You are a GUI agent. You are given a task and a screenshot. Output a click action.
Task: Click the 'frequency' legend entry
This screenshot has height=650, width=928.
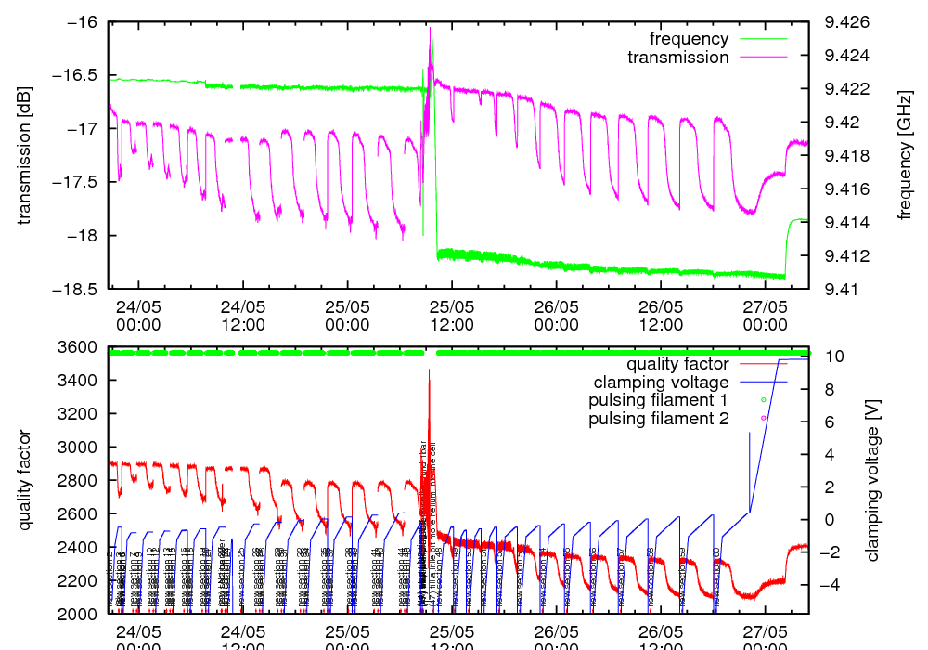click(x=689, y=39)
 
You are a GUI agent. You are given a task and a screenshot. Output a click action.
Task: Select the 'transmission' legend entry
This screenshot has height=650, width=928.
click(x=677, y=58)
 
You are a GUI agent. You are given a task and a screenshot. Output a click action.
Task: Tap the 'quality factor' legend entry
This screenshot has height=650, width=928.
click(x=677, y=364)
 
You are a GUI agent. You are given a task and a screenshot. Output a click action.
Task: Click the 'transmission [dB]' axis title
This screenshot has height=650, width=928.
click(x=25, y=155)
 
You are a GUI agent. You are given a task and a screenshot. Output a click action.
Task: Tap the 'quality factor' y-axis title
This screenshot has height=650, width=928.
click(x=25, y=480)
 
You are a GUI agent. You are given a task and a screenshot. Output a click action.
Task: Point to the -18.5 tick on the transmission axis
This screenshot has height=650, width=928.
click(x=82, y=289)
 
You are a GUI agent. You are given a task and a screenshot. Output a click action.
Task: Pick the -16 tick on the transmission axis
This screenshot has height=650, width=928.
click(x=87, y=22)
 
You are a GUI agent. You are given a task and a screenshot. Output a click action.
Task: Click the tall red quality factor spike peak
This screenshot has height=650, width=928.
click(x=429, y=370)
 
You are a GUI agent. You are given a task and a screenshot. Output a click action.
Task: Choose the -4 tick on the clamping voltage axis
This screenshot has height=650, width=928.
click(x=831, y=585)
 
